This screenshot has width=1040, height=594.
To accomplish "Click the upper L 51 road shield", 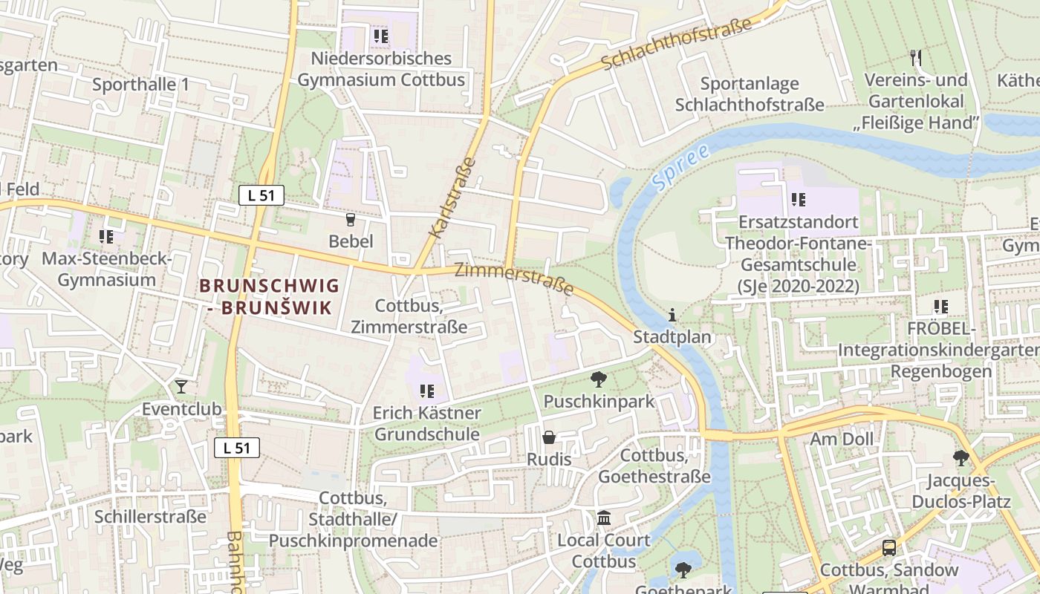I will [x=261, y=196].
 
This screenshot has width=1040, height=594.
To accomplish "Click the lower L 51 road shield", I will [x=237, y=447].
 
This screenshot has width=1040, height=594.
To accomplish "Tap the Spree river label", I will [x=680, y=166].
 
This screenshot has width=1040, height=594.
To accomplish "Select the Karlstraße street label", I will [x=452, y=198].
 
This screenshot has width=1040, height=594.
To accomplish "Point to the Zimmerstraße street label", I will [x=514, y=278].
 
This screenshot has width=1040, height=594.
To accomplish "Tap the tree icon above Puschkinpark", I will [x=598, y=380].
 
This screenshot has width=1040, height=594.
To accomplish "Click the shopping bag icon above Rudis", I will [x=549, y=437].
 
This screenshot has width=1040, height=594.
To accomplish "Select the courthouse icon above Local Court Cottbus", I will [x=604, y=518].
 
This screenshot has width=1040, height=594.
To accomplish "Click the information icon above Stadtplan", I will [x=672, y=315].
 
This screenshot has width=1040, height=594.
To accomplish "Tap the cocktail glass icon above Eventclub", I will [x=181, y=386].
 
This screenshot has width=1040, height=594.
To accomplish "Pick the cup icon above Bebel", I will [x=351, y=219].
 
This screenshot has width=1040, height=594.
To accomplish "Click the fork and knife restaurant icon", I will [x=916, y=57].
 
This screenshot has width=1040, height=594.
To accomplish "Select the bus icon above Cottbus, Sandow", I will [x=888, y=548].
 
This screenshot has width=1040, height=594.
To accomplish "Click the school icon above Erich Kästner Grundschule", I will [x=426, y=391].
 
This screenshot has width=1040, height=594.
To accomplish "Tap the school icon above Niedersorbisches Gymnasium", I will [x=380, y=36].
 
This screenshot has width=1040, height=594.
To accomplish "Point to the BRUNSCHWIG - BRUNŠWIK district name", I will [x=269, y=296].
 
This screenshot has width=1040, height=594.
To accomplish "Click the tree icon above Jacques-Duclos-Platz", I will [x=961, y=458].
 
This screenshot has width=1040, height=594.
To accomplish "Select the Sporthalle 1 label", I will [x=140, y=85].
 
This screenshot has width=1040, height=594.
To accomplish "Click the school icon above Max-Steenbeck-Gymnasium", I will [x=106, y=237].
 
